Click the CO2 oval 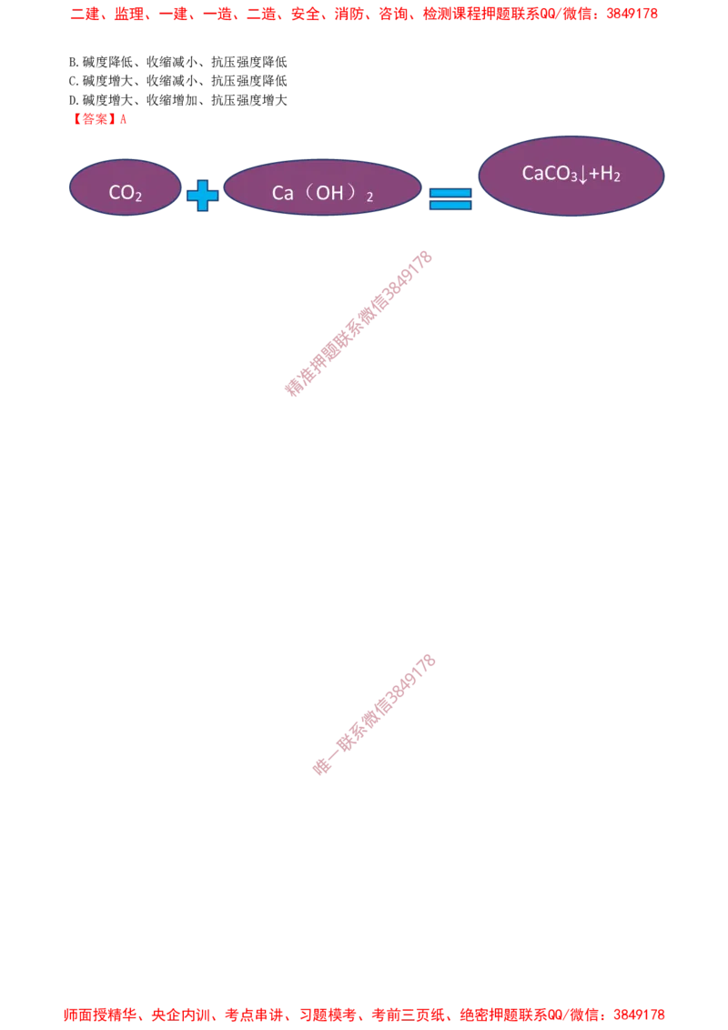[125, 187]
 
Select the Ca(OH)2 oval [322, 187]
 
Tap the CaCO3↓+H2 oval [571, 176]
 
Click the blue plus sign [202, 196]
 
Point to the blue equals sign [450, 198]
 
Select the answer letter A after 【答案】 [123, 119]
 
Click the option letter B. [72, 63]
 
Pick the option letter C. [72, 82]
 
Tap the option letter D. [72, 100]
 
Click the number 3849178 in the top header [632, 14]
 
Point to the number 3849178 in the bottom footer [639, 1015]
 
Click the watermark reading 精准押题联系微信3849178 [359, 323]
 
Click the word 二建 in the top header [85, 14]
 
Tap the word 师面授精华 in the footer [100, 1015]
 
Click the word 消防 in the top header [349, 14]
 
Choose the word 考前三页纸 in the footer [408, 1015]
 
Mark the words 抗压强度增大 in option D [249, 100]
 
